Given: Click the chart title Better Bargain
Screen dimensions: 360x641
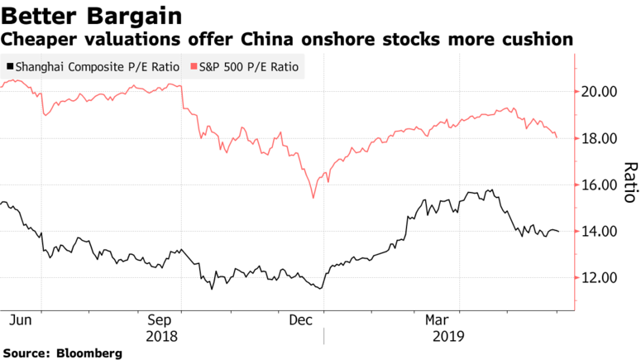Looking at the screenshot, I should (x=93, y=15).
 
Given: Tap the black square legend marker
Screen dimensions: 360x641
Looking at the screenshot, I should (x=9, y=66).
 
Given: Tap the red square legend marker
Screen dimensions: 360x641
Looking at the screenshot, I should (x=194, y=66).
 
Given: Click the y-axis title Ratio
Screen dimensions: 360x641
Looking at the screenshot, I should (x=629, y=182).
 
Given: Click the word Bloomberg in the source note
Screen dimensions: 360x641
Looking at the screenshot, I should (x=91, y=353).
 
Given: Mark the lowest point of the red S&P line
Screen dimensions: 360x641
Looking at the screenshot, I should (x=313, y=198).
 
